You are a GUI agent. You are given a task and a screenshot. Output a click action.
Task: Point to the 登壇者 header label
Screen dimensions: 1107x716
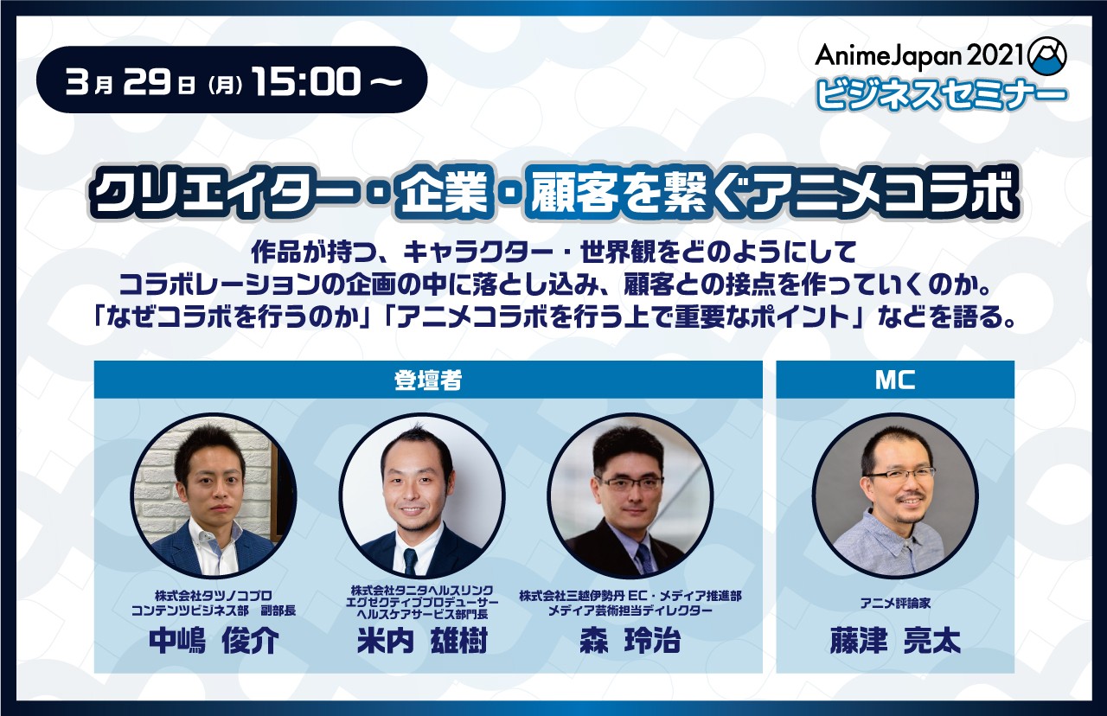tap(428, 380)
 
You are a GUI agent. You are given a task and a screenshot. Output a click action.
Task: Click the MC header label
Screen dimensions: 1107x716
tap(895, 380)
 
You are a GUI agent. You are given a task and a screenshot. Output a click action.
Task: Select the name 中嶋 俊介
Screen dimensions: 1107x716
tap(214, 642)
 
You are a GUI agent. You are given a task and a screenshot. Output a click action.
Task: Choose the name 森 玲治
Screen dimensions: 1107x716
tap(630, 642)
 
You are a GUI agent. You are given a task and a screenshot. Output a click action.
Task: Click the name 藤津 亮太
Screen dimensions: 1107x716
tap(895, 642)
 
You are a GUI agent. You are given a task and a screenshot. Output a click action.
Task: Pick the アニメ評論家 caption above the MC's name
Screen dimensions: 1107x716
tap(895, 604)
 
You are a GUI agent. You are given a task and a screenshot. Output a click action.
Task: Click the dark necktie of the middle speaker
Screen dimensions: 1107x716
tap(410, 562)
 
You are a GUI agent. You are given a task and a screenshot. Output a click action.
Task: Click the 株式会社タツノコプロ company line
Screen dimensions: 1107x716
tap(214, 596)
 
